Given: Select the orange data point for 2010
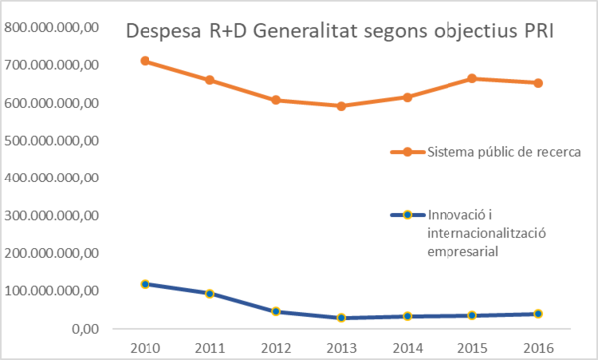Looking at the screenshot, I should pyautogui.click(x=146, y=61).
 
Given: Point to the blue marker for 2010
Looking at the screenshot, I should pyautogui.click(x=146, y=284).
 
